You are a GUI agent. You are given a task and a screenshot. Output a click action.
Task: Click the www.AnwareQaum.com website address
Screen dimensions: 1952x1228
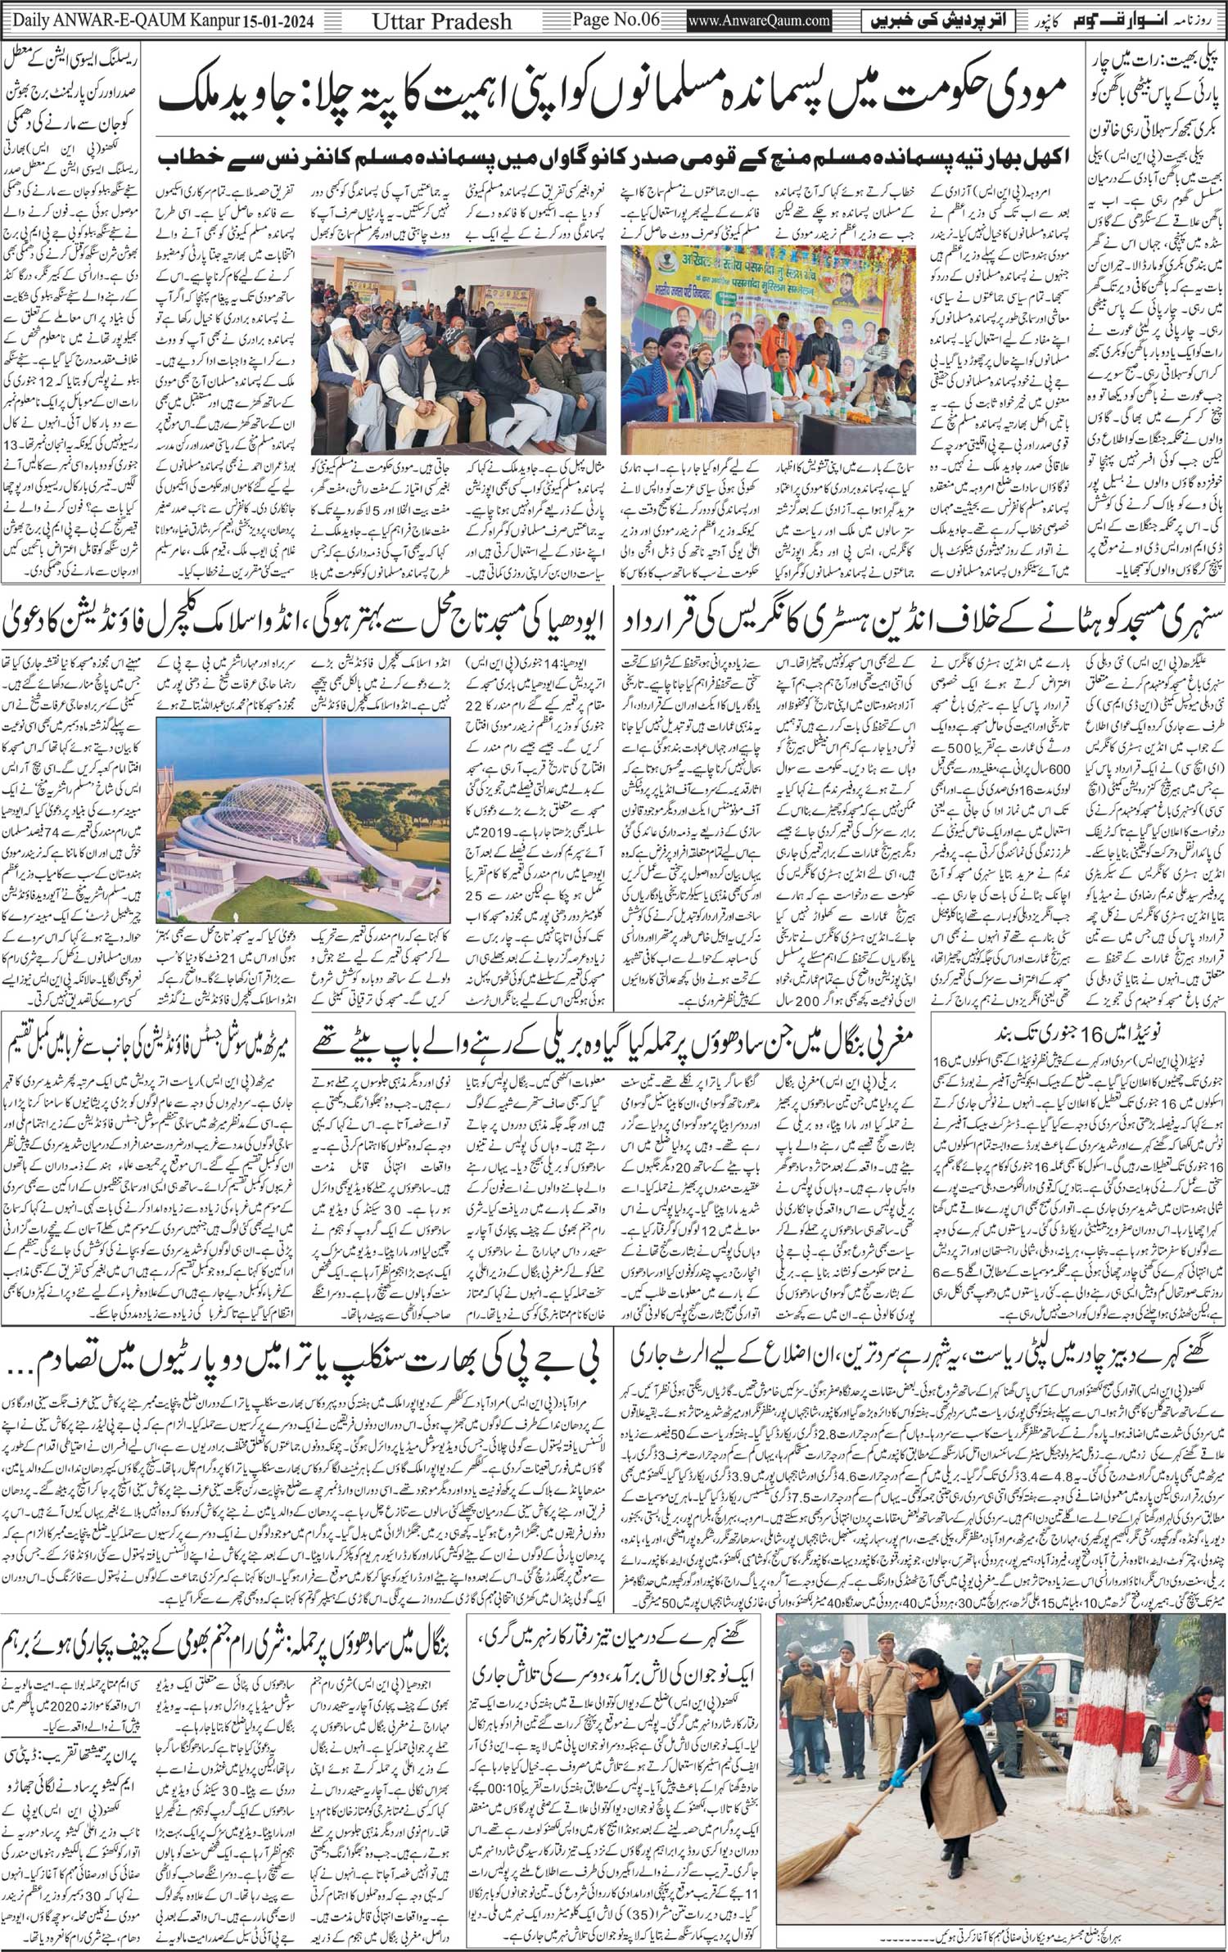(761, 18)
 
